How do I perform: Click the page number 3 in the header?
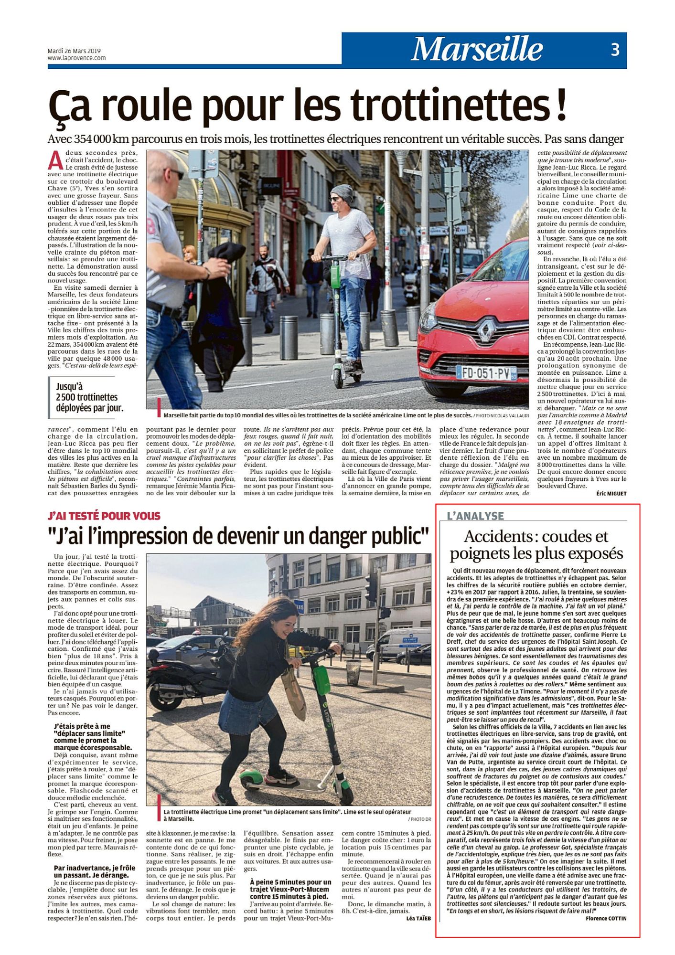click(615, 49)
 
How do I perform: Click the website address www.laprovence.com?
click(76, 58)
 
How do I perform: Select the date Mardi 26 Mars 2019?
click(74, 51)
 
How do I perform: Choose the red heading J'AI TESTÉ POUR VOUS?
click(104, 516)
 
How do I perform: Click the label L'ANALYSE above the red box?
click(475, 516)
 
